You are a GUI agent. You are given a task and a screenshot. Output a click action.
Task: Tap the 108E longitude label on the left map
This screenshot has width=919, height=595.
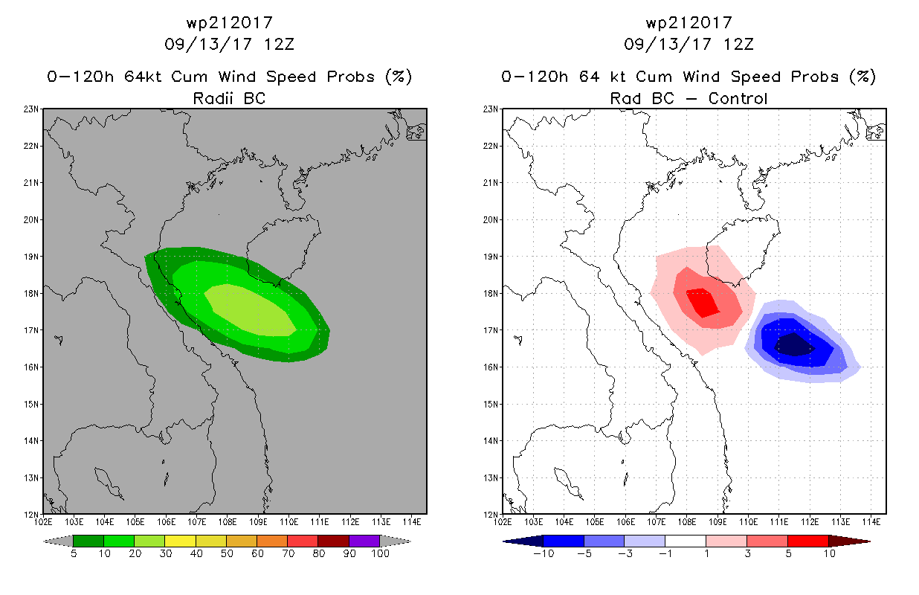click(228, 522)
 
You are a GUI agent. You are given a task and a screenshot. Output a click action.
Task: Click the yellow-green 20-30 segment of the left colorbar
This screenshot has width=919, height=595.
click(149, 541)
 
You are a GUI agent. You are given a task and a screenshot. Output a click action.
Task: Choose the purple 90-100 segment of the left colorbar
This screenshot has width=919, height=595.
click(364, 541)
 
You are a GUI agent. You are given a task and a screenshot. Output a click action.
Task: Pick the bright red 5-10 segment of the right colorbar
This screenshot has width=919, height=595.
click(808, 541)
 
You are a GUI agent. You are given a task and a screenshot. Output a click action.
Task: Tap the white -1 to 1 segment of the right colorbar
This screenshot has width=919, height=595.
click(686, 541)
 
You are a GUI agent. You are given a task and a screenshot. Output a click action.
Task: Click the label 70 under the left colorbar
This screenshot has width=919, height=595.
click(288, 553)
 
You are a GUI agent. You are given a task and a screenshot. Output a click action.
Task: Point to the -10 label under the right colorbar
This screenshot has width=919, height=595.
click(544, 553)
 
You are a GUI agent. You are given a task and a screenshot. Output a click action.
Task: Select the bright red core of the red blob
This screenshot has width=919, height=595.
click(703, 303)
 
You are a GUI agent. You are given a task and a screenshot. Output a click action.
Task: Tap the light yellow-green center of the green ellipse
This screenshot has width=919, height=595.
click(250, 310)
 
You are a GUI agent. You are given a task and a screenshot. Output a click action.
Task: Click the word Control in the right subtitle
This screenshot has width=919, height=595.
click(738, 98)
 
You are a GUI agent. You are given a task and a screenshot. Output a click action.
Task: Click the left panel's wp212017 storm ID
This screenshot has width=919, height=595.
click(230, 23)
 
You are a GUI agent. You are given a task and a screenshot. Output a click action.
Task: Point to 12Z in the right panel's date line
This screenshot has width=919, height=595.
click(738, 44)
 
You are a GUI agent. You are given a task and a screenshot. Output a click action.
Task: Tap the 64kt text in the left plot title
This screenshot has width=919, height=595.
click(144, 77)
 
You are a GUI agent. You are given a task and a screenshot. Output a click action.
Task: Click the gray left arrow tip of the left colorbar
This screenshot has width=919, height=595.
click(43, 541)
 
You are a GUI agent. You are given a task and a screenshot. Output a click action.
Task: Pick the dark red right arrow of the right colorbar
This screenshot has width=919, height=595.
click(849, 541)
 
